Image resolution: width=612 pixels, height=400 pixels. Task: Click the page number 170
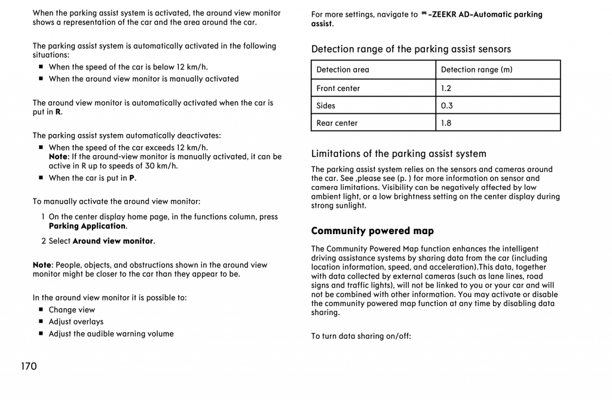[29, 366]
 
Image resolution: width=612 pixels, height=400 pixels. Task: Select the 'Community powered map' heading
[372, 231]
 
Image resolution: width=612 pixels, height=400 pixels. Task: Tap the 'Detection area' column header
[342, 69]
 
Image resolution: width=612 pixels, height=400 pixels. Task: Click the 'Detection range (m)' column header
[476, 69]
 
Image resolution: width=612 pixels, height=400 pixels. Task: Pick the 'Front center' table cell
[338, 88]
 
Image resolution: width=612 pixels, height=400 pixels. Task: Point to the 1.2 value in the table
[446, 88]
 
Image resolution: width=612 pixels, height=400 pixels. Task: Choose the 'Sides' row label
[326, 105]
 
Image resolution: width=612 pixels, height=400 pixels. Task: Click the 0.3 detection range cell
[446, 105]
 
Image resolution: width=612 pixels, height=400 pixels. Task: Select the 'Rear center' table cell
[337, 123]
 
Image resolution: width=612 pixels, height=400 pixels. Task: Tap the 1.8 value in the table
[446, 123]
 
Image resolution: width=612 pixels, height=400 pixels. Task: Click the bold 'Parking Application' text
[87, 226]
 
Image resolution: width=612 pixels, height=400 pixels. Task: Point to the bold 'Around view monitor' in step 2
[113, 241]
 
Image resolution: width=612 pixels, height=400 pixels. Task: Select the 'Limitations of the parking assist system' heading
[399, 154]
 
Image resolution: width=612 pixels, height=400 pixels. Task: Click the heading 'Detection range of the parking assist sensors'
[411, 49]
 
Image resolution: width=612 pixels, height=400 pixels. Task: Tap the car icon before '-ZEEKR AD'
[424, 14]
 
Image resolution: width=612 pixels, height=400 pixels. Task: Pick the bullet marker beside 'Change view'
[41, 310]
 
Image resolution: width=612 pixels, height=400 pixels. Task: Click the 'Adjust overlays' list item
[76, 322]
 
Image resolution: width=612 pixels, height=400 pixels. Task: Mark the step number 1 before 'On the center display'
[44, 217]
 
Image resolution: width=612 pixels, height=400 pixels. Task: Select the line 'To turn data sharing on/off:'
[361, 336]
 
